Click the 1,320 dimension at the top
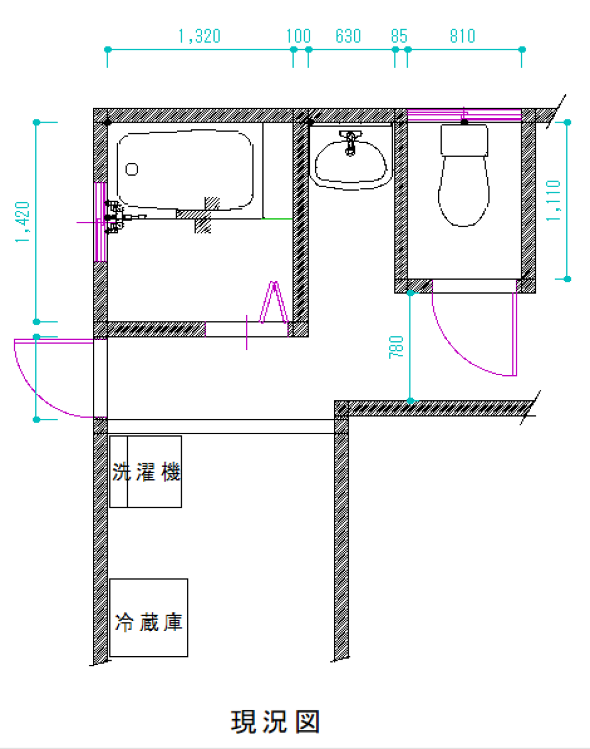click(199, 36)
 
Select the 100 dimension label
click(298, 36)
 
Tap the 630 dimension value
click(348, 36)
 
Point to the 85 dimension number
click(399, 36)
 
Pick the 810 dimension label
click(462, 36)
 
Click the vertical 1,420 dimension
click(22, 222)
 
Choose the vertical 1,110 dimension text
click(553, 200)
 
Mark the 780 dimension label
click(396, 347)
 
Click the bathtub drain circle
click(132, 169)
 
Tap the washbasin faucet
click(350, 142)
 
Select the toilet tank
click(464, 140)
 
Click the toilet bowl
click(464, 192)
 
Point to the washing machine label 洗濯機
click(146, 472)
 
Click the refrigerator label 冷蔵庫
click(149, 622)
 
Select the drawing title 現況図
click(275, 722)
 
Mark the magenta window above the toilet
click(464, 115)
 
